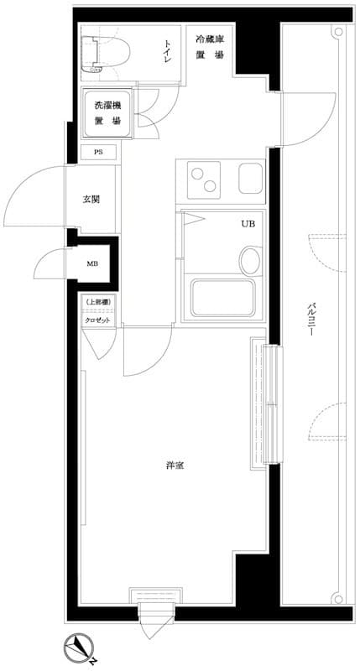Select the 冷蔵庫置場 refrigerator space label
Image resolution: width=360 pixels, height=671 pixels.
pos(210,47)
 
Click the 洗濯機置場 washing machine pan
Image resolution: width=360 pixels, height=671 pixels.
pos(105,113)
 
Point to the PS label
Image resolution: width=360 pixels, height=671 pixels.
pos(99,153)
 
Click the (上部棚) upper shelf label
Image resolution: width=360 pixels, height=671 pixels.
pos(97,303)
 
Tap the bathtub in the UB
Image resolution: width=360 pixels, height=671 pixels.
pos(222,298)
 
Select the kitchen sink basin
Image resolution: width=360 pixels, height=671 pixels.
pos(251,177)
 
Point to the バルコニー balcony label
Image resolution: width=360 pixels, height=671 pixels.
pos(310,318)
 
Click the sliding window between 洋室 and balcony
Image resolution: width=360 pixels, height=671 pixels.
pos(265,403)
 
